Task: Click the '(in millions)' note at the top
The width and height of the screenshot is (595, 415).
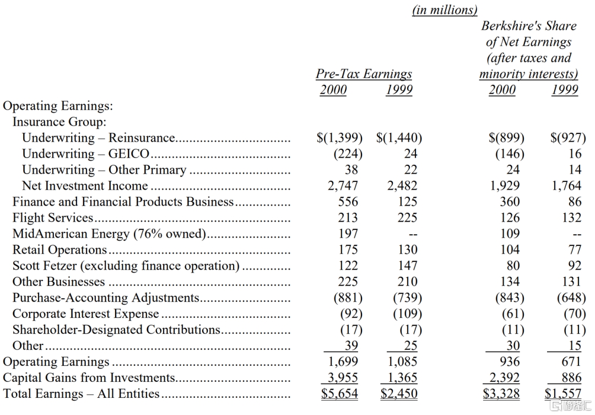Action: (445, 9)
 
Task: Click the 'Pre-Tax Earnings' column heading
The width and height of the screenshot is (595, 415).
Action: (364, 74)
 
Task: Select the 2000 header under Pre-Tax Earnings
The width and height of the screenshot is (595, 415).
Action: (333, 90)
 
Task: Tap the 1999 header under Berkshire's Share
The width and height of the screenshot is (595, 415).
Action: (565, 90)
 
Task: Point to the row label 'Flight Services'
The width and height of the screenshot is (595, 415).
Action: (53, 218)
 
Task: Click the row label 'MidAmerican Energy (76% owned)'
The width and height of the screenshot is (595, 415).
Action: (109, 234)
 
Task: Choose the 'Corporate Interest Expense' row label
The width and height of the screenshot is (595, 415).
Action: (85, 314)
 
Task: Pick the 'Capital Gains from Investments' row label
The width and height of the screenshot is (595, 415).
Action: (89, 378)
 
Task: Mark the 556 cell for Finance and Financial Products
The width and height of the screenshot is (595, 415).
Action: (348, 202)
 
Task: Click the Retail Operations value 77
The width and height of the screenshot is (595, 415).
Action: (575, 250)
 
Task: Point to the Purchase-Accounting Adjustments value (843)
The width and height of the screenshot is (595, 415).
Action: (506, 298)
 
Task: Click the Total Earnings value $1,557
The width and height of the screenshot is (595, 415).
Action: (562, 394)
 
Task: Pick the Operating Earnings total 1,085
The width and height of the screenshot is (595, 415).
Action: (402, 362)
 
